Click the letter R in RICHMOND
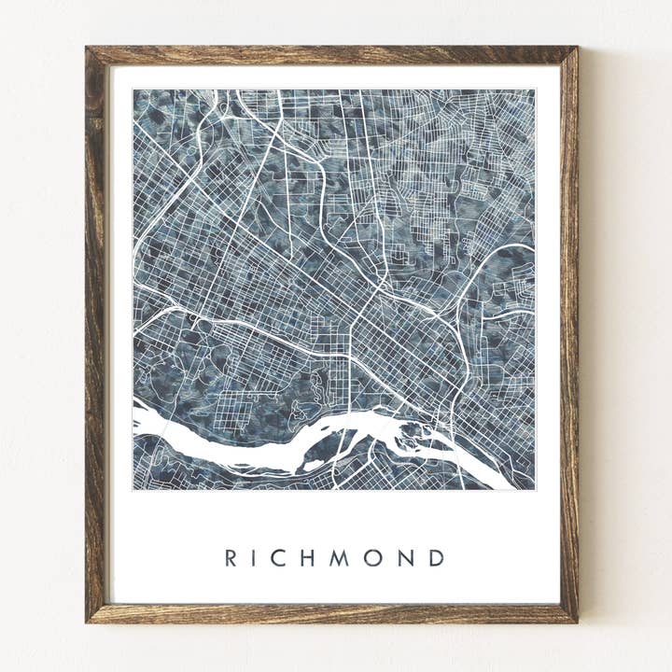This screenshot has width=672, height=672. tap(231, 558)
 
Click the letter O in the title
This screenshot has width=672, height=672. tap(373, 558)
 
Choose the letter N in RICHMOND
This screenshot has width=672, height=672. tap(405, 558)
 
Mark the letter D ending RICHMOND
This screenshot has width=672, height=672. tap(436, 558)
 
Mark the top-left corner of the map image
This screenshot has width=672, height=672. tap(133, 90)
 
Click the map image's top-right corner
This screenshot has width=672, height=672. tap(535, 90)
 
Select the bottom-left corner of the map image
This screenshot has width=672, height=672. tap(133, 489)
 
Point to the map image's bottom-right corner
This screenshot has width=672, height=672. tap(535, 489)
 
